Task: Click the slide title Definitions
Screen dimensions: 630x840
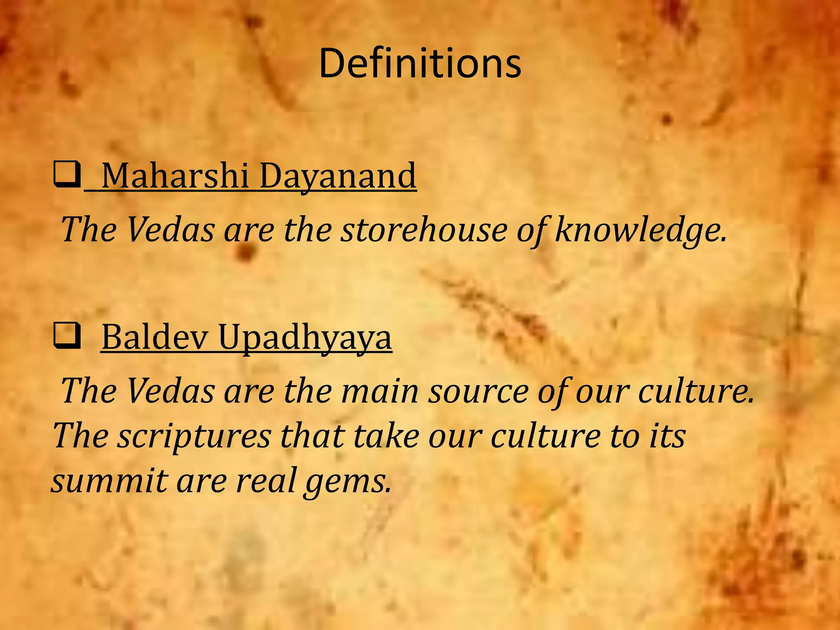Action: pos(420,64)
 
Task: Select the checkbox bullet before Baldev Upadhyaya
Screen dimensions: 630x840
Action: pos(66,337)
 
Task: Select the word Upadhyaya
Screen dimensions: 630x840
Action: pos(305,337)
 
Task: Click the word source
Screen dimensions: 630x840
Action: pos(478,391)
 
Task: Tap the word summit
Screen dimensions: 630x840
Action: pos(109,481)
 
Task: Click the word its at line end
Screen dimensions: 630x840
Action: pos(667,436)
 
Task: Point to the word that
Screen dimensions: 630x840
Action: pos(311,436)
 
